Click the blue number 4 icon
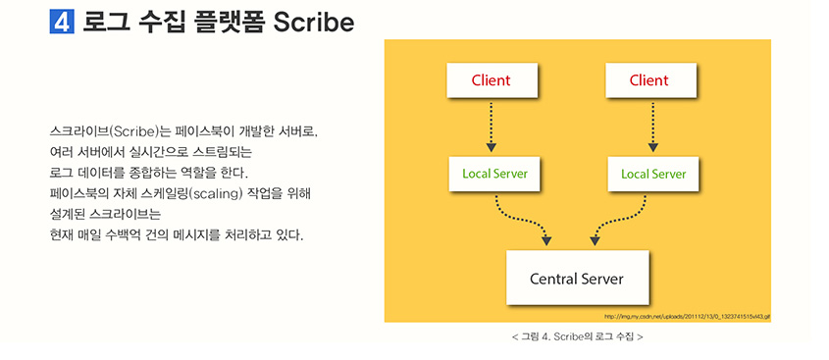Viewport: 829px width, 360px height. pyautogui.click(x=62, y=22)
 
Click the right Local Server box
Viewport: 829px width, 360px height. pyautogui.click(x=653, y=174)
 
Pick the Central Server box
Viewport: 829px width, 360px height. pyautogui.click(x=576, y=278)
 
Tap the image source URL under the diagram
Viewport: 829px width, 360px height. pyautogui.click(x=687, y=317)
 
